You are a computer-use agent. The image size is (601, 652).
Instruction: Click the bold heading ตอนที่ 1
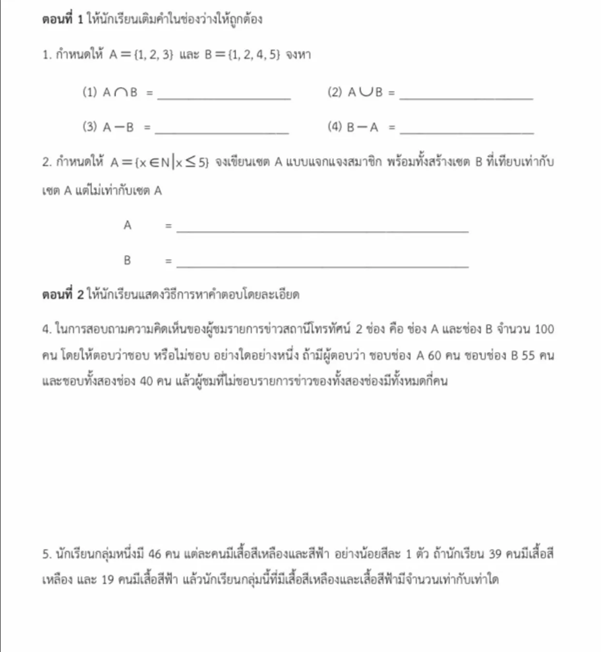coord(63,19)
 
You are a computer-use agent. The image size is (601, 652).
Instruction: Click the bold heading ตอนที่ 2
coord(63,294)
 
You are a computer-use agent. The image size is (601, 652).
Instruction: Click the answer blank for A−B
coord(222,132)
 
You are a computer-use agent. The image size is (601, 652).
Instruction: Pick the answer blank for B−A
coord(467,132)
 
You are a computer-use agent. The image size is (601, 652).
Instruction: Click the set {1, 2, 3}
coord(153,55)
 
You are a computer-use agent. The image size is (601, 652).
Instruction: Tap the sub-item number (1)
coord(90,92)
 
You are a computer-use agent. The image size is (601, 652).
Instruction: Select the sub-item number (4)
coord(335,127)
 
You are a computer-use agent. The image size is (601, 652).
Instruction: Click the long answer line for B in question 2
coord(323,266)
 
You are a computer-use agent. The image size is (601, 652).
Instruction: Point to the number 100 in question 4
coord(544,329)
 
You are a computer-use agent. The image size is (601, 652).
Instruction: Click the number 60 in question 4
coord(434,356)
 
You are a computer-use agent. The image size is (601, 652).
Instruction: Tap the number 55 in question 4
coord(528,356)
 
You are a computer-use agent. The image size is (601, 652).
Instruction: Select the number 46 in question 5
coord(155,554)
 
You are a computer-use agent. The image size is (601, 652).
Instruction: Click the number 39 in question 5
coord(495,554)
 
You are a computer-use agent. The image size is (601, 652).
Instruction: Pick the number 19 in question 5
coord(107,579)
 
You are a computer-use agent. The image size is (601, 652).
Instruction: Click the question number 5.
coord(46,554)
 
